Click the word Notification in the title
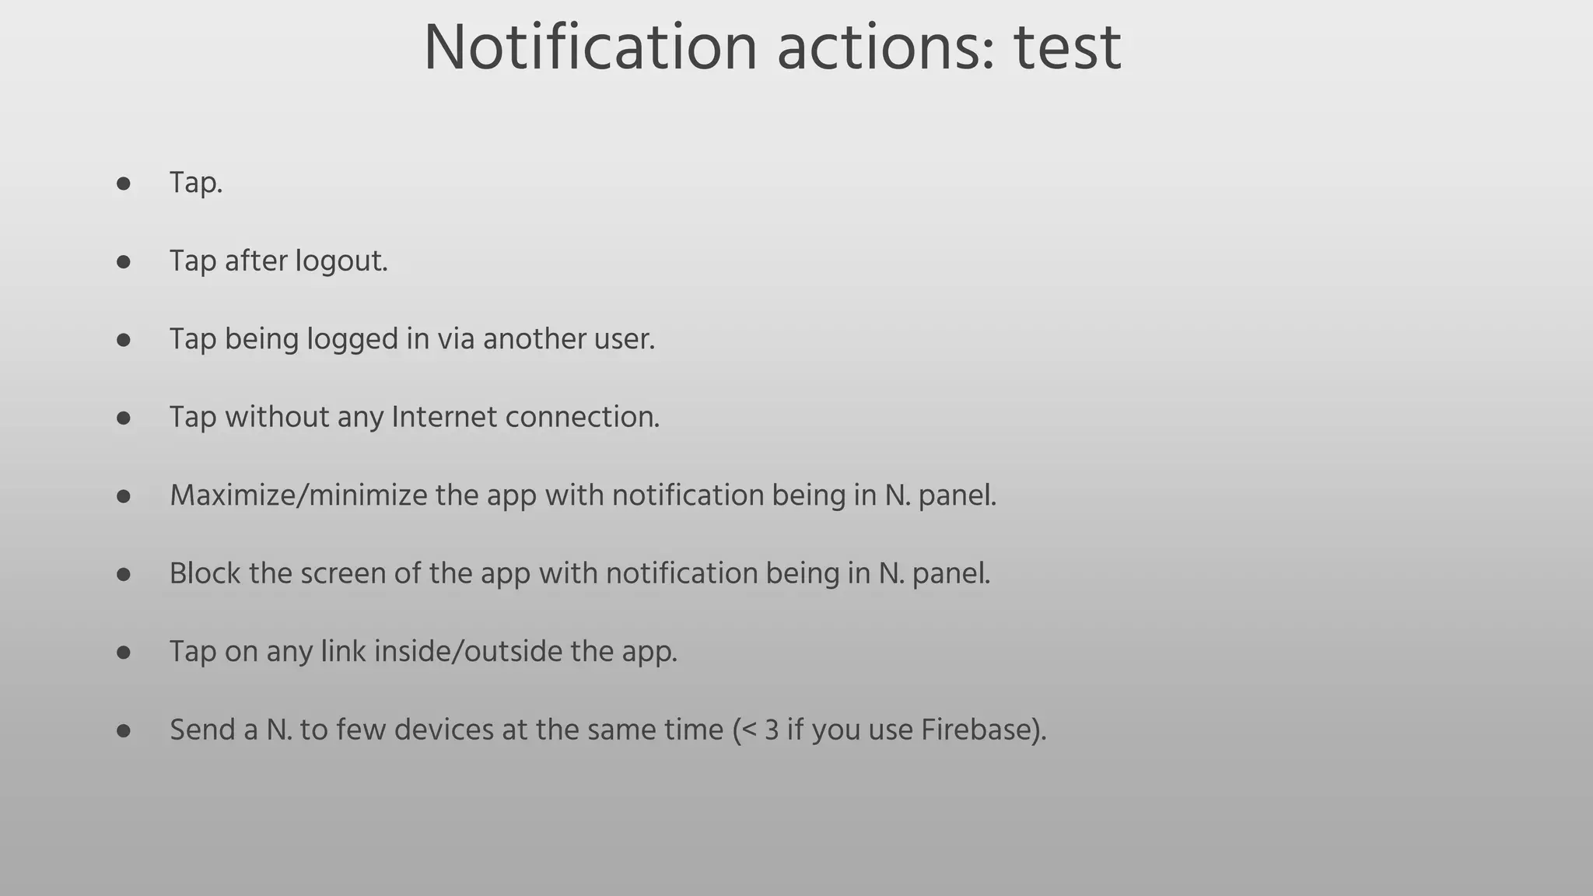590,48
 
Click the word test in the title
1067,48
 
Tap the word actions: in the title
885,48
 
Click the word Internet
443,417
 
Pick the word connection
582,417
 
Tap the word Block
205,573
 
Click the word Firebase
979,730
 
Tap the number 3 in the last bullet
771,730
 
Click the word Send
202,730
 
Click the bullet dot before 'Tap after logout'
123,262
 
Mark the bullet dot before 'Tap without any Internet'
123,418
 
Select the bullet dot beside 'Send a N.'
123,731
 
